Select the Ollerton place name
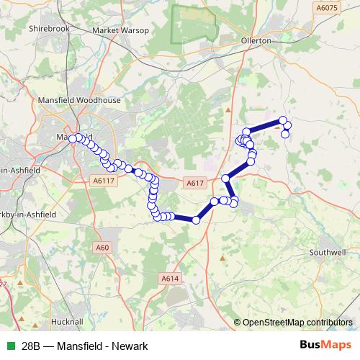[257, 41]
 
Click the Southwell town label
[328, 253]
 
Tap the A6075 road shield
[326, 7]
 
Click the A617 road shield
[194, 184]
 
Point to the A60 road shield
[102, 248]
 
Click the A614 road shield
[169, 278]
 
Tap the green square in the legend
[10, 346]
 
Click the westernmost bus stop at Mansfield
[73, 138]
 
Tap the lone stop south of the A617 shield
[196, 220]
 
